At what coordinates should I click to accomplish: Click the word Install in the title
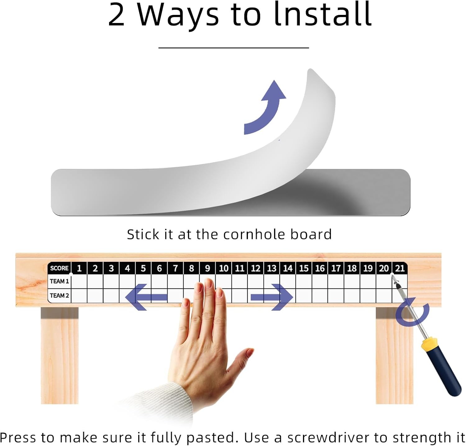point(323,14)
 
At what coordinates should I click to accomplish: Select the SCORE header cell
point(59,268)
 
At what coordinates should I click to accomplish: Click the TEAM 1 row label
point(59,281)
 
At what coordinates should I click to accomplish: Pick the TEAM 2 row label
point(59,295)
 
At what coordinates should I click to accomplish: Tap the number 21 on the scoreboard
point(400,268)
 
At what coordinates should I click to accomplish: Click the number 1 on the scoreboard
point(79,268)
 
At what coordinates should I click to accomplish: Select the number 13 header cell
point(272,268)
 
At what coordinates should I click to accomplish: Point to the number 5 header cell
point(143,268)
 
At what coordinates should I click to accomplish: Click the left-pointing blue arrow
point(146,297)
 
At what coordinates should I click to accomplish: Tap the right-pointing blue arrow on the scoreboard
point(272,297)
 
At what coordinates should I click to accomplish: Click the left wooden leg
point(60,355)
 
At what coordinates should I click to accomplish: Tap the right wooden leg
point(395,355)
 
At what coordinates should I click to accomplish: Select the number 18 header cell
point(352,268)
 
